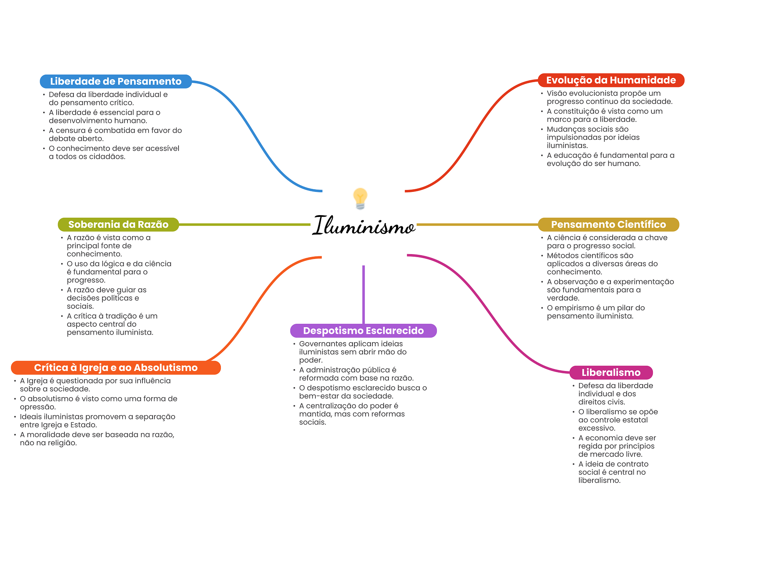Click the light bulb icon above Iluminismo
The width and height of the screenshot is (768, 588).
tap(360, 198)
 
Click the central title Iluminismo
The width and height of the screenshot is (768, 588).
tap(363, 226)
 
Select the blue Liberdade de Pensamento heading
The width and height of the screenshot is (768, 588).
tap(116, 81)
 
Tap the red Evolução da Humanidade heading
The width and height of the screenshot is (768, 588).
tap(611, 80)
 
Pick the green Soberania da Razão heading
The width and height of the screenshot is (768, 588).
tap(118, 224)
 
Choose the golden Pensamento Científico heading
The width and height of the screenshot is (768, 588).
tap(608, 224)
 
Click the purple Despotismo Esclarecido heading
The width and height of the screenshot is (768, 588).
tap(363, 331)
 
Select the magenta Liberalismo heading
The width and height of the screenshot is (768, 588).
tap(611, 373)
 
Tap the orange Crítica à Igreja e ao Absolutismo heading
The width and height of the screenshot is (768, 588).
tap(115, 368)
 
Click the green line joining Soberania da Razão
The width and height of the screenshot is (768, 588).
tap(244, 224)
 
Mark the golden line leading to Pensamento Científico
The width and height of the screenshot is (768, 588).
tap(476, 224)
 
